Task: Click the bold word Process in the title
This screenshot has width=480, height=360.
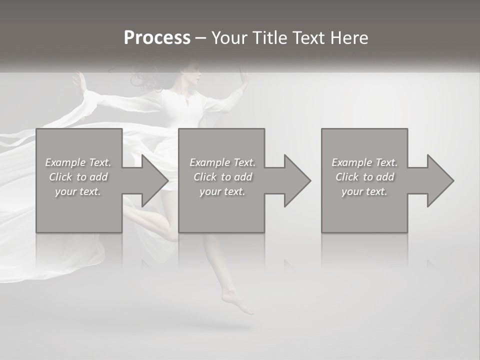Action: pyautogui.click(x=157, y=38)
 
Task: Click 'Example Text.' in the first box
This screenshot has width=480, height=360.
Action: pyautogui.click(x=78, y=162)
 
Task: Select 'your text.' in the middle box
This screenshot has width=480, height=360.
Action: pyautogui.click(x=222, y=191)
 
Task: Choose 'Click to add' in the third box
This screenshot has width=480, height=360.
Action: pyautogui.click(x=364, y=177)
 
